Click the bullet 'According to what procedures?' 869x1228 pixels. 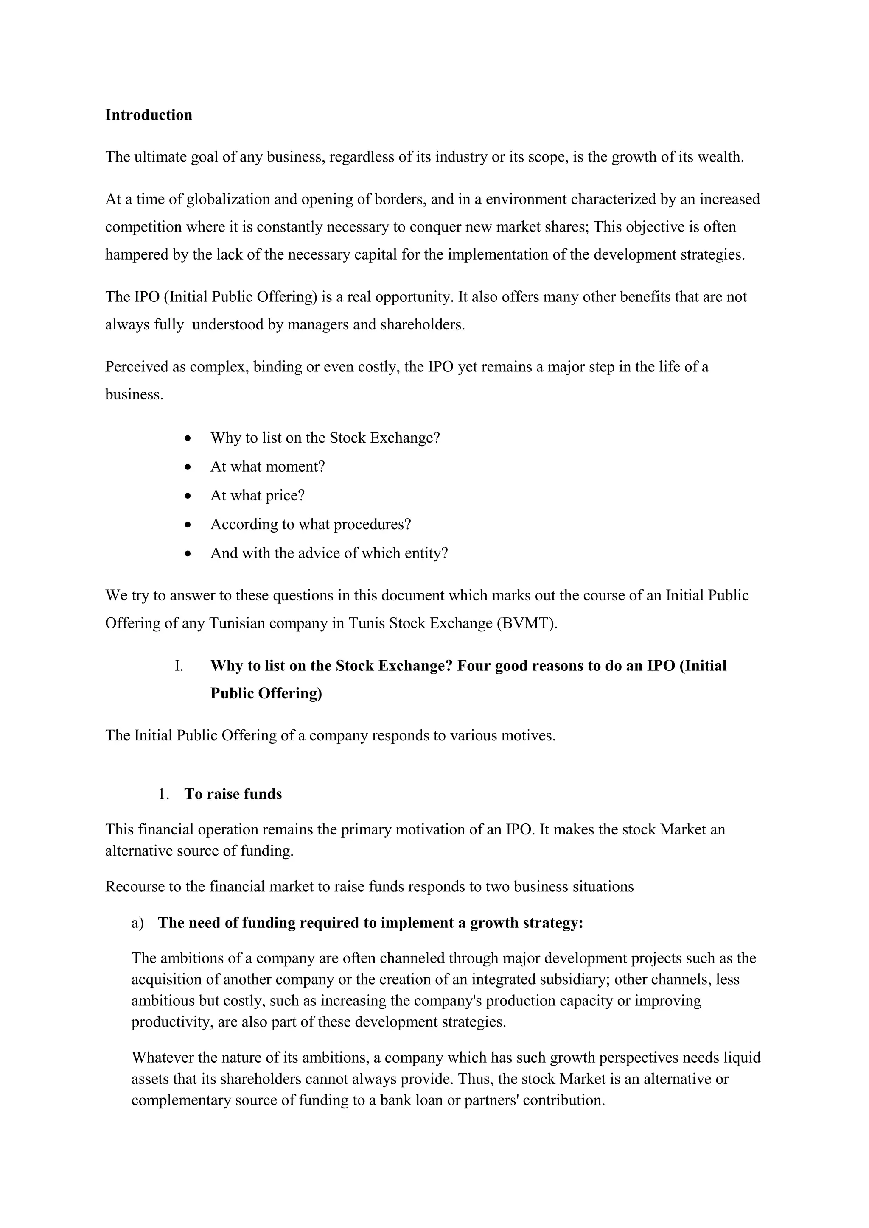pyautogui.click(x=310, y=524)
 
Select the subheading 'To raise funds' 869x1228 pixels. pyautogui.click(x=233, y=794)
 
